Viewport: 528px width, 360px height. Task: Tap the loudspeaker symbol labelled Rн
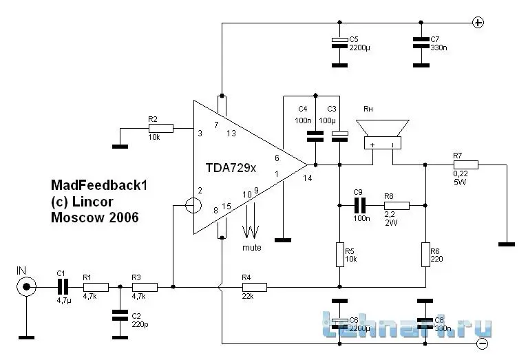[382, 135]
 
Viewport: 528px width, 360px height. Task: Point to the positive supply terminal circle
[478, 22]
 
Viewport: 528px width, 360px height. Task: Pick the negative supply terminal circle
[483, 342]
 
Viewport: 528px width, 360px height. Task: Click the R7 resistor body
[465, 165]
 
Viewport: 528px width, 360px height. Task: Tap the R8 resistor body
[397, 205]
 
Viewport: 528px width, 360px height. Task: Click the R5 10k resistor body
[339, 254]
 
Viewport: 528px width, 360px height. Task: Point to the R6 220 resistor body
[426, 254]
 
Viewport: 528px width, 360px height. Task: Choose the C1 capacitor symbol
[63, 286]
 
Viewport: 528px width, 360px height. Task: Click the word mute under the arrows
[251, 246]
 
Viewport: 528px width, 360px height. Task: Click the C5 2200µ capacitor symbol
[339, 42]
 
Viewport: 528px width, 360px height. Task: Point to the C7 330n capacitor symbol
[419, 42]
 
